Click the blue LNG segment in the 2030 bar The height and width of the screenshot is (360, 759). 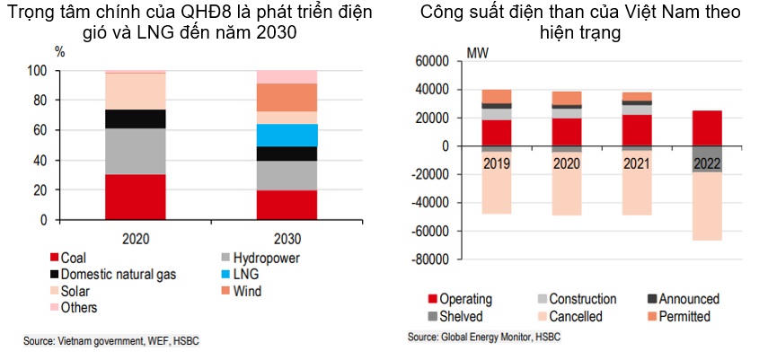click(x=287, y=135)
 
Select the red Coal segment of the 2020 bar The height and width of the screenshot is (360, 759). click(x=137, y=197)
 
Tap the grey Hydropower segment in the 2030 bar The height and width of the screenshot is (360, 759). click(x=287, y=175)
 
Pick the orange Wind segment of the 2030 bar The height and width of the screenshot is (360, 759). click(x=287, y=97)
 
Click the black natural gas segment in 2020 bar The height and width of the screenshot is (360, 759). click(x=137, y=119)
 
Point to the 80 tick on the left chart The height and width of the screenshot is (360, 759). click(x=40, y=101)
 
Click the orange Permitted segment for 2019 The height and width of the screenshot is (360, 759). click(x=497, y=96)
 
